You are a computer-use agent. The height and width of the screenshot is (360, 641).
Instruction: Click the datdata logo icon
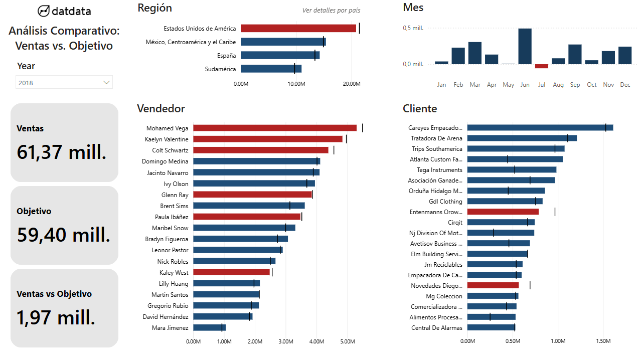pyautogui.click(x=44, y=11)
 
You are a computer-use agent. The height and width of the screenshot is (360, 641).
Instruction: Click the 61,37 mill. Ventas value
pyautogui.click(x=61, y=151)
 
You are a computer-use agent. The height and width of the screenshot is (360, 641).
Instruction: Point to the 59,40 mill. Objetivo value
pyautogui.click(x=64, y=234)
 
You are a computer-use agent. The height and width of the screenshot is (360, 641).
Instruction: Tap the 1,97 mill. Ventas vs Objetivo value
pyautogui.click(x=56, y=317)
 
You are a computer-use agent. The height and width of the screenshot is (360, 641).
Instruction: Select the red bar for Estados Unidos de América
pyautogui.click(x=298, y=29)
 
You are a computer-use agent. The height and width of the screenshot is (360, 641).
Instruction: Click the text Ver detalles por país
pyautogui.click(x=331, y=11)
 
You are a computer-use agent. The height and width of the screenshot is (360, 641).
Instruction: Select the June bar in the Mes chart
pyautogui.click(x=525, y=46)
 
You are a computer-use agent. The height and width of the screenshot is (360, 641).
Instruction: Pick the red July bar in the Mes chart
pyautogui.click(x=542, y=66)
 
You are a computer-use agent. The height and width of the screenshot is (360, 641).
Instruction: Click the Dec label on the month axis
pyautogui.click(x=625, y=85)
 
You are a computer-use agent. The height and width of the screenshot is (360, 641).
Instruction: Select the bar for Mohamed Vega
pyautogui.click(x=274, y=128)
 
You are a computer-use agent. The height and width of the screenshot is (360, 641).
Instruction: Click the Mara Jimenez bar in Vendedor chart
pyautogui.click(x=209, y=328)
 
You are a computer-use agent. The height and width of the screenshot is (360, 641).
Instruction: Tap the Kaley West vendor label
pyautogui.click(x=174, y=273)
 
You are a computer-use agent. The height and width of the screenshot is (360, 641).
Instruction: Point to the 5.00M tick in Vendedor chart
pyautogui.click(x=348, y=341)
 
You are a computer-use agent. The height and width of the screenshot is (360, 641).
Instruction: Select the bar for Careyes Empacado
pyautogui.click(x=540, y=128)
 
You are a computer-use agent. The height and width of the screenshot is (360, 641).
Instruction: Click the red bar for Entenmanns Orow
pyautogui.click(x=503, y=212)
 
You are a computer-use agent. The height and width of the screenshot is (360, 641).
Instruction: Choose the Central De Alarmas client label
pyautogui.click(x=436, y=328)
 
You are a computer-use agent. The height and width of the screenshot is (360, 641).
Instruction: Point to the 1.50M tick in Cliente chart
pyautogui.click(x=603, y=341)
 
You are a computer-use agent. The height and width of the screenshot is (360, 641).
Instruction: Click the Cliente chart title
pyautogui.click(x=420, y=109)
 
